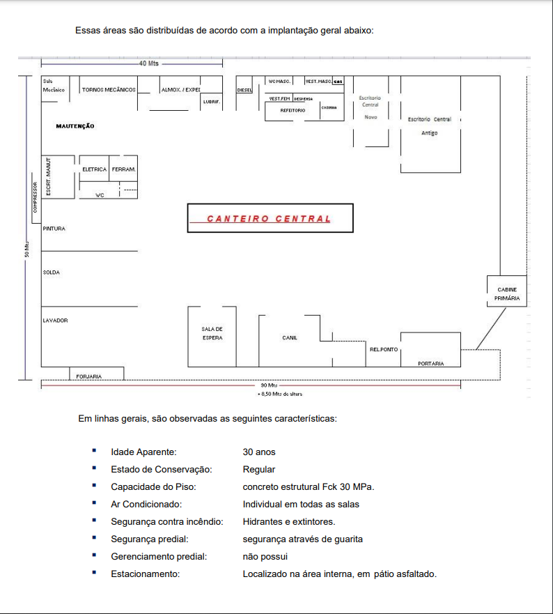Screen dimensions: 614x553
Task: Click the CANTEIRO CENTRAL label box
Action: tap(270, 218)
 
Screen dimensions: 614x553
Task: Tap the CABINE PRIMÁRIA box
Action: tap(506, 293)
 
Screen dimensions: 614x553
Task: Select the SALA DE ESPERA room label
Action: tap(212, 333)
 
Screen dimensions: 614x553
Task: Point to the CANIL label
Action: tap(290, 338)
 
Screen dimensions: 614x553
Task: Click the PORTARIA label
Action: tap(430, 364)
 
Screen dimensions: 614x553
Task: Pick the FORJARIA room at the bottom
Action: tap(89, 376)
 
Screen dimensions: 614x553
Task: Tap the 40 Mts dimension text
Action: tap(149, 63)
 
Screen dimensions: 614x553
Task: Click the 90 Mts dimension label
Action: tap(269, 385)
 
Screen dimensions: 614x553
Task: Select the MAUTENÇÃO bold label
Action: tap(75, 126)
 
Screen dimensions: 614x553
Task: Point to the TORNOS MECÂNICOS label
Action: tap(109, 90)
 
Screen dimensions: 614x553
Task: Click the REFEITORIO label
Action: tap(293, 110)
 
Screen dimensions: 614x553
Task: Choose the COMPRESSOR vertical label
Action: tap(34, 198)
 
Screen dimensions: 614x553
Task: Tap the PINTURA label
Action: tap(54, 229)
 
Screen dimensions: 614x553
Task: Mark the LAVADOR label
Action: tap(55, 321)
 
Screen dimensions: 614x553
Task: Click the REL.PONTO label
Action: tap(384, 350)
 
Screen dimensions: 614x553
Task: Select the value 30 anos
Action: tap(259, 452)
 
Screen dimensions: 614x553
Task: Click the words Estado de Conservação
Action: tap(161, 470)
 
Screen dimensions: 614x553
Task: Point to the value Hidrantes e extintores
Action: tap(289, 522)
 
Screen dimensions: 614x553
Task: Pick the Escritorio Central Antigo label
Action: tap(430, 126)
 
